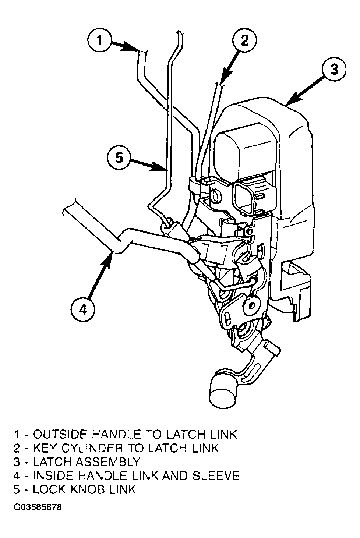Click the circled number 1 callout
99,40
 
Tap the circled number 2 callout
244,40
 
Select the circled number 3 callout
334,69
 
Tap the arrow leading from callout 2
231,65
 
